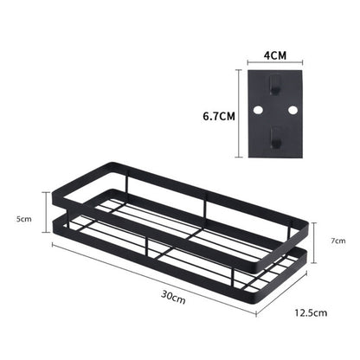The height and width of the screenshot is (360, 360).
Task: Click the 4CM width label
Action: click(274, 55)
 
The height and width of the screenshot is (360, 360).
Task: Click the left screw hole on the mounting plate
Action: click(260, 111)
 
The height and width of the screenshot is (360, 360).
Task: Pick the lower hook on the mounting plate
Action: click(274, 136)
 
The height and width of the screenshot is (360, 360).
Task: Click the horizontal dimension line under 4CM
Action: click(274, 63)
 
